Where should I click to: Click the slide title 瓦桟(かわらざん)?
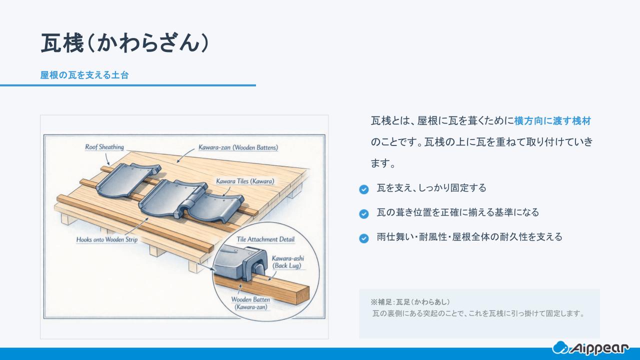pos(124,44)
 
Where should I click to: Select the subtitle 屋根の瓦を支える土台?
pos(84,75)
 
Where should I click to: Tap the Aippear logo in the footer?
pos(590,347)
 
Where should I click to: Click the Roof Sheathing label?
pos(104,147)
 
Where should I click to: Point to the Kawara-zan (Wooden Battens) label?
pos(238,147)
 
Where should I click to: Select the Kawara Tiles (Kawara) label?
pos(245,181)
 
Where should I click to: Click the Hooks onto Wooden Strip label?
pos(106,239)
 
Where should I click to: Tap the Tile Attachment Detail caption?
pos(265,239)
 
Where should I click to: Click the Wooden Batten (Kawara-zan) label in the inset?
pos(250,303)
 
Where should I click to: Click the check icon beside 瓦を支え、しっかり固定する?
pos(364,189)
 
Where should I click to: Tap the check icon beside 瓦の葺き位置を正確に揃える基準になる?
pos(364,213)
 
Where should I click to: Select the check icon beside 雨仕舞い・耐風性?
pos(364,238)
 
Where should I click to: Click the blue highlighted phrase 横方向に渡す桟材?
pos(552,121)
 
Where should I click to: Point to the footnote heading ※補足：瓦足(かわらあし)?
pos(410,302)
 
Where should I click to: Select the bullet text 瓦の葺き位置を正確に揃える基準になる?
pos(457,212)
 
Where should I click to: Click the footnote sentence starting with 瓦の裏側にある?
pos(478,314)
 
